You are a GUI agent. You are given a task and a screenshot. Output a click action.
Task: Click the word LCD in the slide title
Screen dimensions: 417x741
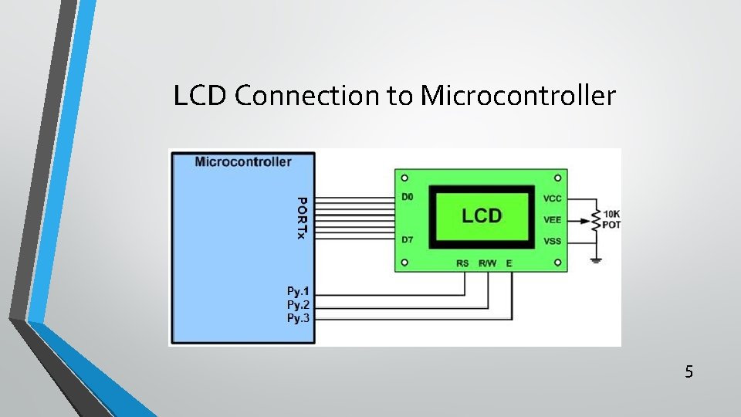point(201,96)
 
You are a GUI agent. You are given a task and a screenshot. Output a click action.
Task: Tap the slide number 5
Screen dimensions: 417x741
point(689,372)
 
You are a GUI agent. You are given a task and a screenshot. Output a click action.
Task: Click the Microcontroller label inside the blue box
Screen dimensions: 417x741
point(243,161)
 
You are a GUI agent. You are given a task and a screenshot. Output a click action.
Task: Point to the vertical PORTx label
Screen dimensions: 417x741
point(303,218)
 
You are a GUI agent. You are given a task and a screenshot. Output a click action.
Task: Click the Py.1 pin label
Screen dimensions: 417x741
point(298,291)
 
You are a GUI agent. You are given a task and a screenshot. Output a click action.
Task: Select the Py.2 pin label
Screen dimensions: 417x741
point(298,304)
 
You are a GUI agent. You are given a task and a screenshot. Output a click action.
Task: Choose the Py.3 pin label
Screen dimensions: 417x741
point(298,317)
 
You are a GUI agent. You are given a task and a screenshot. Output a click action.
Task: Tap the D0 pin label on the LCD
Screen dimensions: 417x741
point(408,197)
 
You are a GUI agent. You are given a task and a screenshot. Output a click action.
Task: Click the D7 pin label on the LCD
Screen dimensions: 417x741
point(408,239)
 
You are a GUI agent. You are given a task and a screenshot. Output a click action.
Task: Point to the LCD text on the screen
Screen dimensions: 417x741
point(482,216)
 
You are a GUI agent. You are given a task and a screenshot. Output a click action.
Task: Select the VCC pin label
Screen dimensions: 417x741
point(553,198)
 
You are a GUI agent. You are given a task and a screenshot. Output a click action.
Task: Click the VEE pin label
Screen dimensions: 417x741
point(553,220)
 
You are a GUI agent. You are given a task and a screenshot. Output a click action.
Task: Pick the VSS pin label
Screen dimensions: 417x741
point(553,241)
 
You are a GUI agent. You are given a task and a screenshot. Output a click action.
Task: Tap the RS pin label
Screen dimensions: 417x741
point(462,263)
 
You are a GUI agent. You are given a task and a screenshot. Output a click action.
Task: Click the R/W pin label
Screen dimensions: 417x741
point(487,263)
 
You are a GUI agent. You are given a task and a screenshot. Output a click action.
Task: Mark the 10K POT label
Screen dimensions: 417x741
point(611,219)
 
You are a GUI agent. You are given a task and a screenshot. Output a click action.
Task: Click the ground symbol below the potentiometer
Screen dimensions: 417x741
point(596,259)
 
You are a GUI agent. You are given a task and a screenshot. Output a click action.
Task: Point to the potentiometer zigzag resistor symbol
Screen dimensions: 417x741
point(595,220)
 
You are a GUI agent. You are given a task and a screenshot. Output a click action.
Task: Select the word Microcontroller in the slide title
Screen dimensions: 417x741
point(518,96)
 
